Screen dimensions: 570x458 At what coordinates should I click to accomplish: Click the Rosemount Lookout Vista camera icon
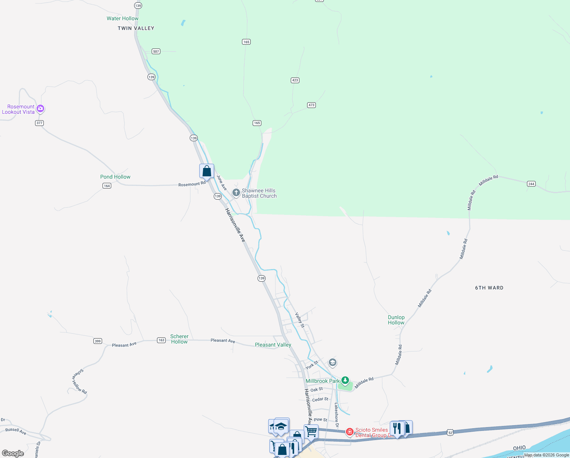click(x=40, y=109)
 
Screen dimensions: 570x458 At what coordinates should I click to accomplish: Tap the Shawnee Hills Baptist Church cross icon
click(x=236, y=193)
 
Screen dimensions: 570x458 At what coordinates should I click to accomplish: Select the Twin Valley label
click(x=136, y=28)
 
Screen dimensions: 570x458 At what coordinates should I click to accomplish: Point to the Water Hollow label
click(x=122, y=18)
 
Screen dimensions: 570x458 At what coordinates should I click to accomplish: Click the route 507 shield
click(x=156, y=51)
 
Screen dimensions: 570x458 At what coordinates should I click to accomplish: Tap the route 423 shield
click(x=295, y=80)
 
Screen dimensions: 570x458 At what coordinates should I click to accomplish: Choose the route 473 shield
click(x=311, y=105)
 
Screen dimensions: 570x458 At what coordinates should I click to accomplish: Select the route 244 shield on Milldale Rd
click(x=531, y=184)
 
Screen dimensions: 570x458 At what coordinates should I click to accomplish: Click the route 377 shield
click(x=39, y=123)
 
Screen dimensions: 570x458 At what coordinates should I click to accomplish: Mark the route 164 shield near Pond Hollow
click(x=107, y=186)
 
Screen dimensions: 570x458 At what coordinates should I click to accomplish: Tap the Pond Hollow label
click(x=115, y=177)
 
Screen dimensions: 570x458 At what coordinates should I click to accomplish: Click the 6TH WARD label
click(x=489, y=288)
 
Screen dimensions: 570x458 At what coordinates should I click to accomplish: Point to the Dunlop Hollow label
click(x=396, y=320)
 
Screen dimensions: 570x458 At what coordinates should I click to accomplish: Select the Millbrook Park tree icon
click(x=345, y=380)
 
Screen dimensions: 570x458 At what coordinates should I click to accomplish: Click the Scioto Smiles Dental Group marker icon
click(x=349, y=432)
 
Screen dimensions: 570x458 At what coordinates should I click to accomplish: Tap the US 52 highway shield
click(x=450, y=432)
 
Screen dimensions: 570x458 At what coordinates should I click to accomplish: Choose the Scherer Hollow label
click(x=179, y=339)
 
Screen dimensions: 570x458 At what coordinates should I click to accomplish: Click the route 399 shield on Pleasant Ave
click(x=98, y=341)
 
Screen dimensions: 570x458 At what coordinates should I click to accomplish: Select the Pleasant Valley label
click(x=273, y=345)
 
